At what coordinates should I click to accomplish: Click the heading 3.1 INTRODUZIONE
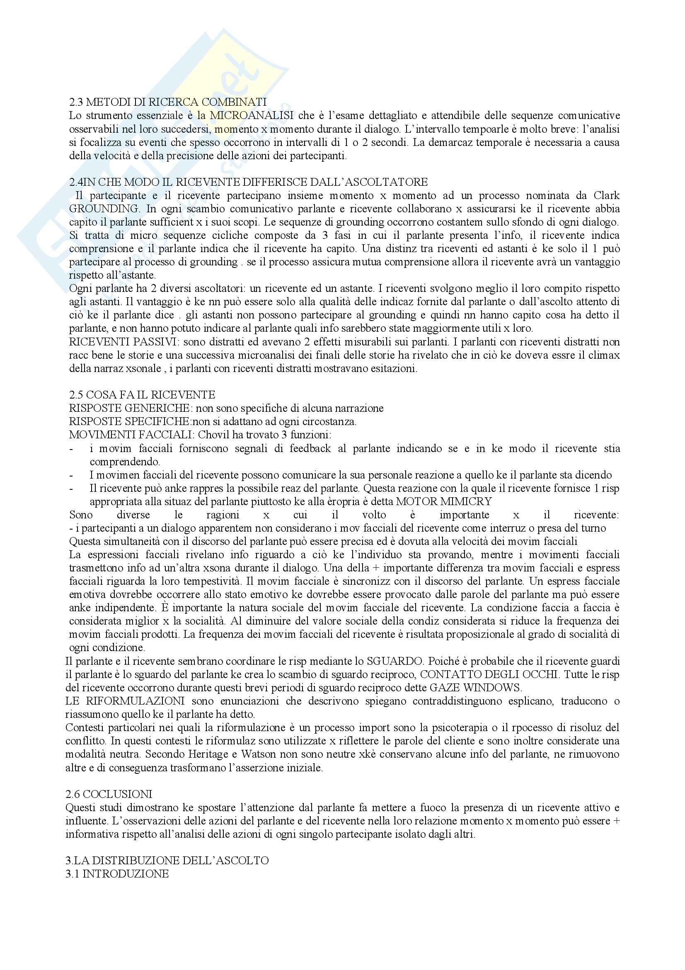tap(117, 874)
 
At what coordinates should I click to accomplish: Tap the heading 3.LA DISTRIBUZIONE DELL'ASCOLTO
tap(167, 860)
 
